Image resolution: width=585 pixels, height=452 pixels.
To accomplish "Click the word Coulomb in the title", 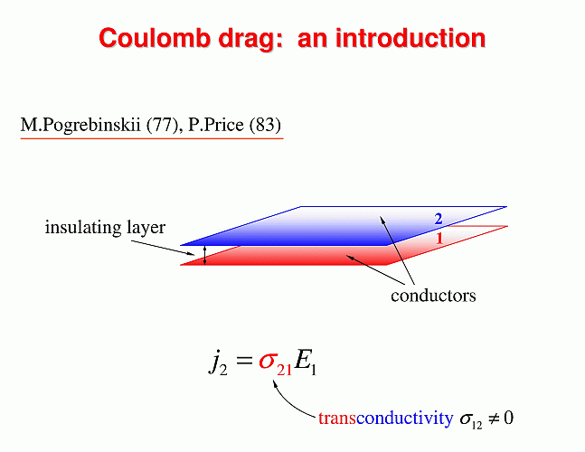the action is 153,38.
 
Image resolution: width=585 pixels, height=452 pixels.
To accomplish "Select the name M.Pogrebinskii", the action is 80,126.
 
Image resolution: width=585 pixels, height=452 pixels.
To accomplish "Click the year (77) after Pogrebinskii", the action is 163,126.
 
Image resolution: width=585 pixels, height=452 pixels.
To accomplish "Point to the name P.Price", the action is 216,125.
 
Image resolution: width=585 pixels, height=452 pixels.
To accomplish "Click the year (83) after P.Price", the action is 265,126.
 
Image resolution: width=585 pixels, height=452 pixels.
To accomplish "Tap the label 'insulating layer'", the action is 105,228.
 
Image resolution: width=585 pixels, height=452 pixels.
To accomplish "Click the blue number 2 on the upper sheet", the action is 439,219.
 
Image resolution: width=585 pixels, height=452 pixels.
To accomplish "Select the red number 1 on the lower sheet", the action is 439,239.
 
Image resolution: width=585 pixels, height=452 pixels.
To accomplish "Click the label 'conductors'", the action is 433,296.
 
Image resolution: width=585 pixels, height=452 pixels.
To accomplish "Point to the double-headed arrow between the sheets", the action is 204,255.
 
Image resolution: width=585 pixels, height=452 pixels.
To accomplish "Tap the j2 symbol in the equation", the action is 218,363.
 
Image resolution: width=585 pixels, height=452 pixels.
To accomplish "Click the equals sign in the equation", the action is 244,361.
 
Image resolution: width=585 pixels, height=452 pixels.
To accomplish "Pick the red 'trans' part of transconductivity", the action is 337,419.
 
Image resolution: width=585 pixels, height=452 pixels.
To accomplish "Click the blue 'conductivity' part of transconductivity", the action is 405,419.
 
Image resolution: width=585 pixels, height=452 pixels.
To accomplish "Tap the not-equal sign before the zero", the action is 493,419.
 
